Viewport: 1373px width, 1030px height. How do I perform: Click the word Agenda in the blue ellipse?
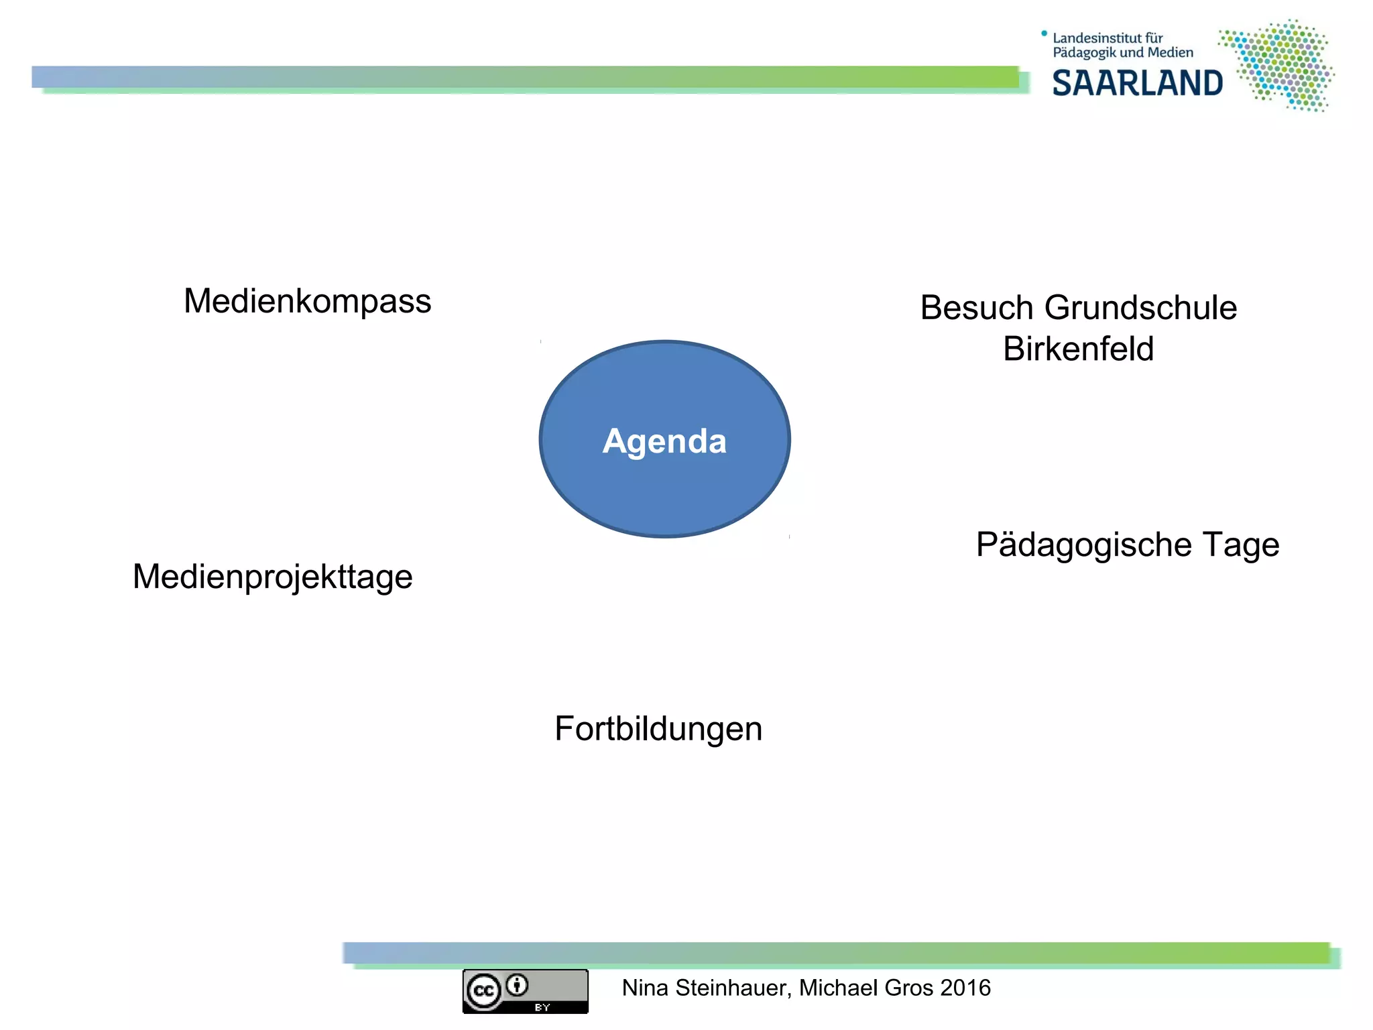click(664, 441)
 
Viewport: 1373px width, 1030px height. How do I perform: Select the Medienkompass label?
click(307, 301)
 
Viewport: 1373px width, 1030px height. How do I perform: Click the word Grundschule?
click(1140, 308)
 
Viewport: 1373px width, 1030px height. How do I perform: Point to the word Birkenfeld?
click(1078, 349)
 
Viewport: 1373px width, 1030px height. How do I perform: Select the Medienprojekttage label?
click(272, 577)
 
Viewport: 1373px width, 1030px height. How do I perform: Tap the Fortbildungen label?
click(658, 729)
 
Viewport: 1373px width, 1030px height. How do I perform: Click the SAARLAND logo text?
click(1137, 84)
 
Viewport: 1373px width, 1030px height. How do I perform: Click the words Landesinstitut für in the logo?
click(1108, 38)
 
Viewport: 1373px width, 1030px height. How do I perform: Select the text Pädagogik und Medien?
click(1123, 53)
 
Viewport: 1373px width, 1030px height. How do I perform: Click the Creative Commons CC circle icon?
click(484, 991)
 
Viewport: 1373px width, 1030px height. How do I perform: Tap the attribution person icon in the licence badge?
click(517, 985)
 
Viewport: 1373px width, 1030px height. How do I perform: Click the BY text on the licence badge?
click(542, 1007)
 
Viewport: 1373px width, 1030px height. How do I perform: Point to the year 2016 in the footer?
click(965, 988)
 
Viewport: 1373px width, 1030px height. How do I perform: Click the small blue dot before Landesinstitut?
click(1044, 33)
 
